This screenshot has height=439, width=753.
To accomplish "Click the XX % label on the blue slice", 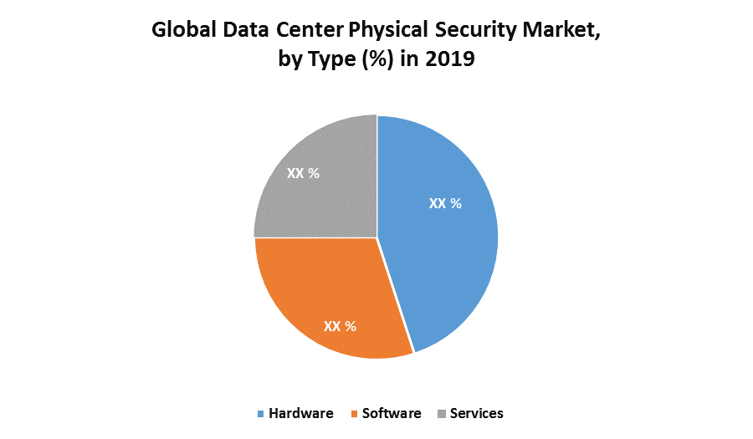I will [x=445, y=203].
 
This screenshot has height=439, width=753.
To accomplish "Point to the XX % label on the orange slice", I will [x=340, y=326].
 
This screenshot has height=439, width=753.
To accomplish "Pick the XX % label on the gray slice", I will [x=303, y=173].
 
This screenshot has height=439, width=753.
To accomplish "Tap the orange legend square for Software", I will [x=355, y=414].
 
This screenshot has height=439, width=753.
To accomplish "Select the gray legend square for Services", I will [x=442, y=414].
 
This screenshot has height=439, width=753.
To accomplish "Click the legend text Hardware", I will [x=301, y=414].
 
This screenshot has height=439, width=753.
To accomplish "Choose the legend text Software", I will [x=392, y=414].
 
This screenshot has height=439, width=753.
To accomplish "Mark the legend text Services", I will [x=477, y=414].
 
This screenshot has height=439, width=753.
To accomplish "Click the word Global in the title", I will [x=181, y=33].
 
